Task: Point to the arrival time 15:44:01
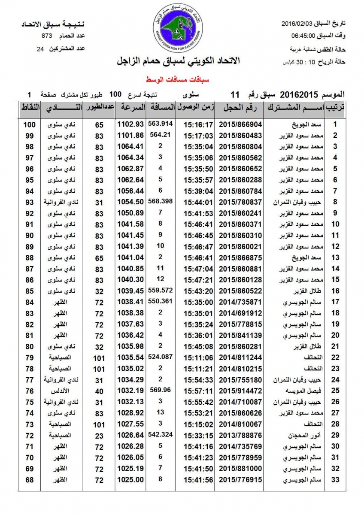pyautogui.click(x=198, y=202)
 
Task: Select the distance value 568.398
pyautogui.click(x=160, y=200)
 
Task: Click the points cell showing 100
pyautogui.click(x=29, y=124)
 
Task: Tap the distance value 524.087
pyautogui.click(x=160, y=356)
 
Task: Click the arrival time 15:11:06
pyautogui.click(x=198, y=357)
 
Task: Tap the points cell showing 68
pyautogui.click(x=29, y=479)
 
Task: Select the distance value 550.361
pyautogui.click(x=160, y=300)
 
